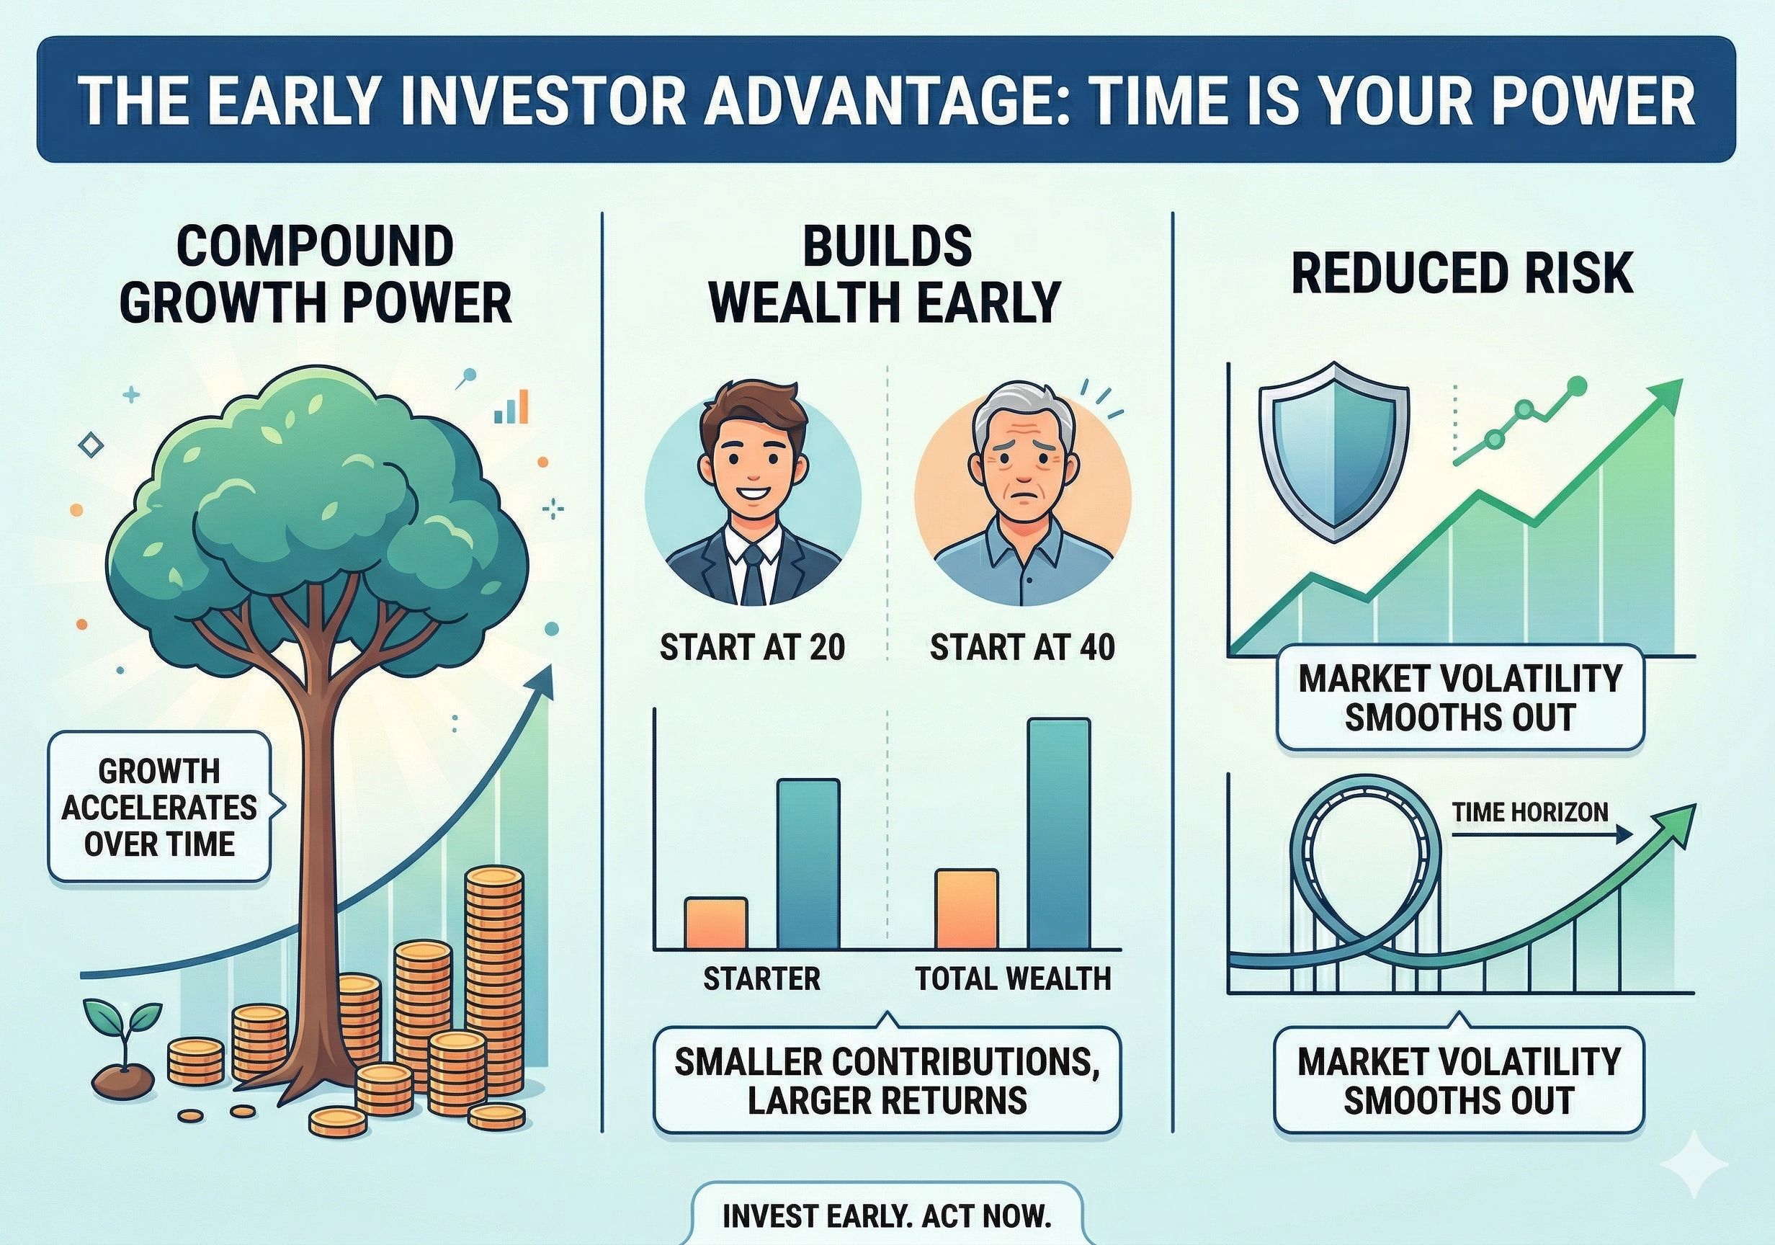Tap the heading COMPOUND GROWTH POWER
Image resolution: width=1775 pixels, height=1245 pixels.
(x=316, y=275)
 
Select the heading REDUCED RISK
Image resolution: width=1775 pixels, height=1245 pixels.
(x=1462, y=274)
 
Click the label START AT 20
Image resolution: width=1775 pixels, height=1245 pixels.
(x=752, y=647)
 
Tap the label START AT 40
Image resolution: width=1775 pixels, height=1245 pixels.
(x=1022, y=647)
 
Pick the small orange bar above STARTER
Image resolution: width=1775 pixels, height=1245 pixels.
(x=716, y=924)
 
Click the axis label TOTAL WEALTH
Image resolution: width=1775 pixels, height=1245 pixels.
(x=1013, y=979)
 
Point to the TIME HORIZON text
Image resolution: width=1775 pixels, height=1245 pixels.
(x=1529, y=813)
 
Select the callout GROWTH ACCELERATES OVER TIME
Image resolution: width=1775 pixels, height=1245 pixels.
(x=159, y=808)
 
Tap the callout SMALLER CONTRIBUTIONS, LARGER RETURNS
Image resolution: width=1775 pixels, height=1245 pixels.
(x=887, y=1081)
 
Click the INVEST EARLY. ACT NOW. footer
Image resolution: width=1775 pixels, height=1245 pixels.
(x=887, y=1216)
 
